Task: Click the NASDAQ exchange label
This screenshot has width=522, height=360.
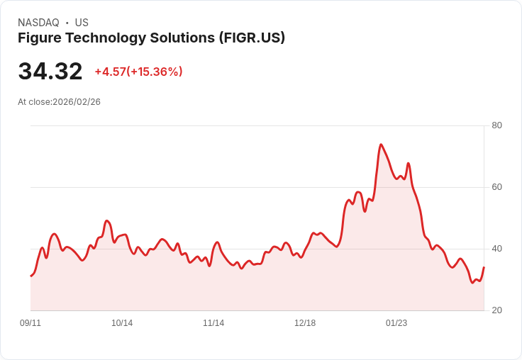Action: click(x=38, y=23)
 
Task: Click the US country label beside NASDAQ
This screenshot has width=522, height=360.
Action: click(x=82, y=23)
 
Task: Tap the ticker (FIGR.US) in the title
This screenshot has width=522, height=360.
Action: click(x=252, y=38)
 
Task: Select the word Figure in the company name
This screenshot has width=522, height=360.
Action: click(x=40, y=38)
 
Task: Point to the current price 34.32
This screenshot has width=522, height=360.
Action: click(x=50, y=72)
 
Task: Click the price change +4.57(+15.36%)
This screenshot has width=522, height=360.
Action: click(x=138, y=72)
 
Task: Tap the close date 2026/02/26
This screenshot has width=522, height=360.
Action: click(x=77, y=102)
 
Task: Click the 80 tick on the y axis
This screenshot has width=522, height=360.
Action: click(x=497, y=125)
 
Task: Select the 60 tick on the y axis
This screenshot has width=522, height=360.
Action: click(x=497, y=187)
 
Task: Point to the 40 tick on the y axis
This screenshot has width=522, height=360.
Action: click(x=497, y=249)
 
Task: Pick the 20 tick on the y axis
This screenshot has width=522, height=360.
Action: click(x=497, y=310)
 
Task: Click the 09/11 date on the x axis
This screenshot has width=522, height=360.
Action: click(x=30, y=323)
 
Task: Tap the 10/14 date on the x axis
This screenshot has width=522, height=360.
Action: click(x=122, y=323)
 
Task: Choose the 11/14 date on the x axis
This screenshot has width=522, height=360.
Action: click(x=213, y=323)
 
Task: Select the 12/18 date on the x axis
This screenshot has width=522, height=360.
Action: click(x=305, y=323)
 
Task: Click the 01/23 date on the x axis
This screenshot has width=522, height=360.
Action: click(x=396, y=323)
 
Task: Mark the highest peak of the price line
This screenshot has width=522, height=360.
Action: click(x=381, y=145)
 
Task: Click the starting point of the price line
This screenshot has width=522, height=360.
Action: click(x=30, y=276)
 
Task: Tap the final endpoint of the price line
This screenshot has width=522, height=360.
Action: click(x=484, y=267)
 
